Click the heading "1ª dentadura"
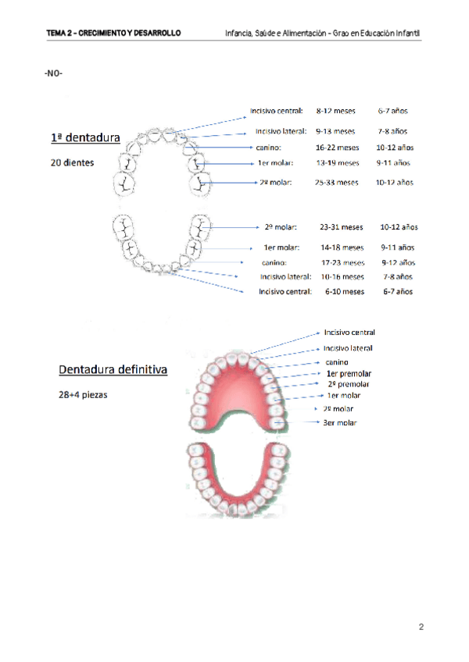tap(84, 138)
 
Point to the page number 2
tap(421, 627)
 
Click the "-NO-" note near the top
tap(54, 73)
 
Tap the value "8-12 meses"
tap(335, 112)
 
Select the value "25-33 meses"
tap(337, 182)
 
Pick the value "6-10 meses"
tap(345, 291)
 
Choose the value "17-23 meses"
tap(342, 262)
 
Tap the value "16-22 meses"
tap(337, 147)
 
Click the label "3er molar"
tap(340, 423)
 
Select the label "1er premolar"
tap(348, 373)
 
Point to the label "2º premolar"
tap(349, 384)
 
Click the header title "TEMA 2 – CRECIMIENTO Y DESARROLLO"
tap(113, 34)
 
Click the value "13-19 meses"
tap(338, 163)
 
